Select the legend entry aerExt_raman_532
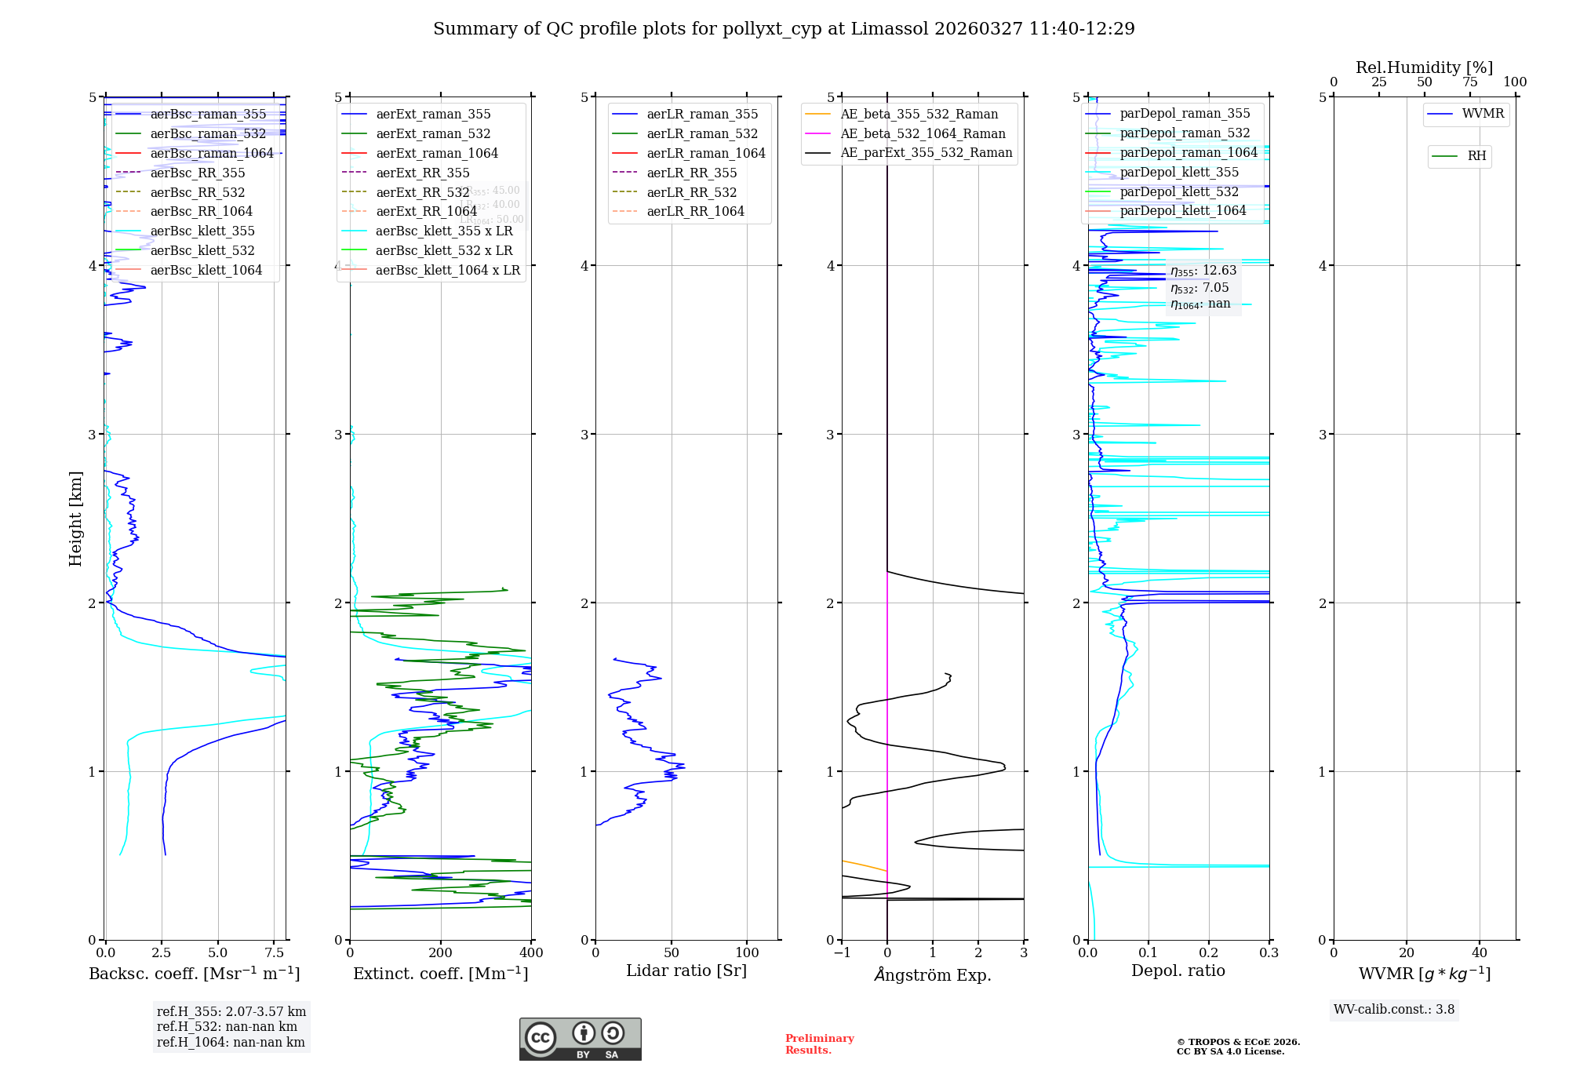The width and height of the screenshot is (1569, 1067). click(x=433, y=133)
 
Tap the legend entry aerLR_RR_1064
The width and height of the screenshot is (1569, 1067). click(x=695, y=211)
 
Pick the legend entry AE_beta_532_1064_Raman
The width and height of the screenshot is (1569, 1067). click(x=923, y=133)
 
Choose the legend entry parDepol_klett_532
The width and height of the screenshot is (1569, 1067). click(x=1179, y=191)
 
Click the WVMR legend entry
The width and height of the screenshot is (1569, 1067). click(x=1483, y=114)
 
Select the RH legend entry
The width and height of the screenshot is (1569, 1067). click(x=1476, y=156)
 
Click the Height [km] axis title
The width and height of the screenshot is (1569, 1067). click(x=75, y=519)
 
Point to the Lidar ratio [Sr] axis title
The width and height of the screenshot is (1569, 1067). click(x=686, y=970)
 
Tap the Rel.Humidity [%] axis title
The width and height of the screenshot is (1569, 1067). click(x=1424, y=67)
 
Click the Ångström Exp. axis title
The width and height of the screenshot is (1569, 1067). click(x=933, y=974)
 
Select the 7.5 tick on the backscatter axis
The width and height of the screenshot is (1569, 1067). click(x=275, y=953)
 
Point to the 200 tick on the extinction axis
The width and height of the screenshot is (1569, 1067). click(x=441, y=953)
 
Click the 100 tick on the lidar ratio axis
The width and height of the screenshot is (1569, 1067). click(x=748, y=953)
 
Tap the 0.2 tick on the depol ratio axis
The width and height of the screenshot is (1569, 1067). click(x=1209, y=953)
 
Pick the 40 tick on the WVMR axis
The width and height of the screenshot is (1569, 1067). click(x=1480, y=953)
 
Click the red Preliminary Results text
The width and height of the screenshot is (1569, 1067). click(x=819, y=1044)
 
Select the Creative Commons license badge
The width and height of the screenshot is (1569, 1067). click(x=580, y=1040)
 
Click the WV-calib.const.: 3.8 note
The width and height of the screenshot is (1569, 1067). click(x=1394, y=1010)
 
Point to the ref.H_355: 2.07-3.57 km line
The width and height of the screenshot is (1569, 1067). click(x=231, y=1012)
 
